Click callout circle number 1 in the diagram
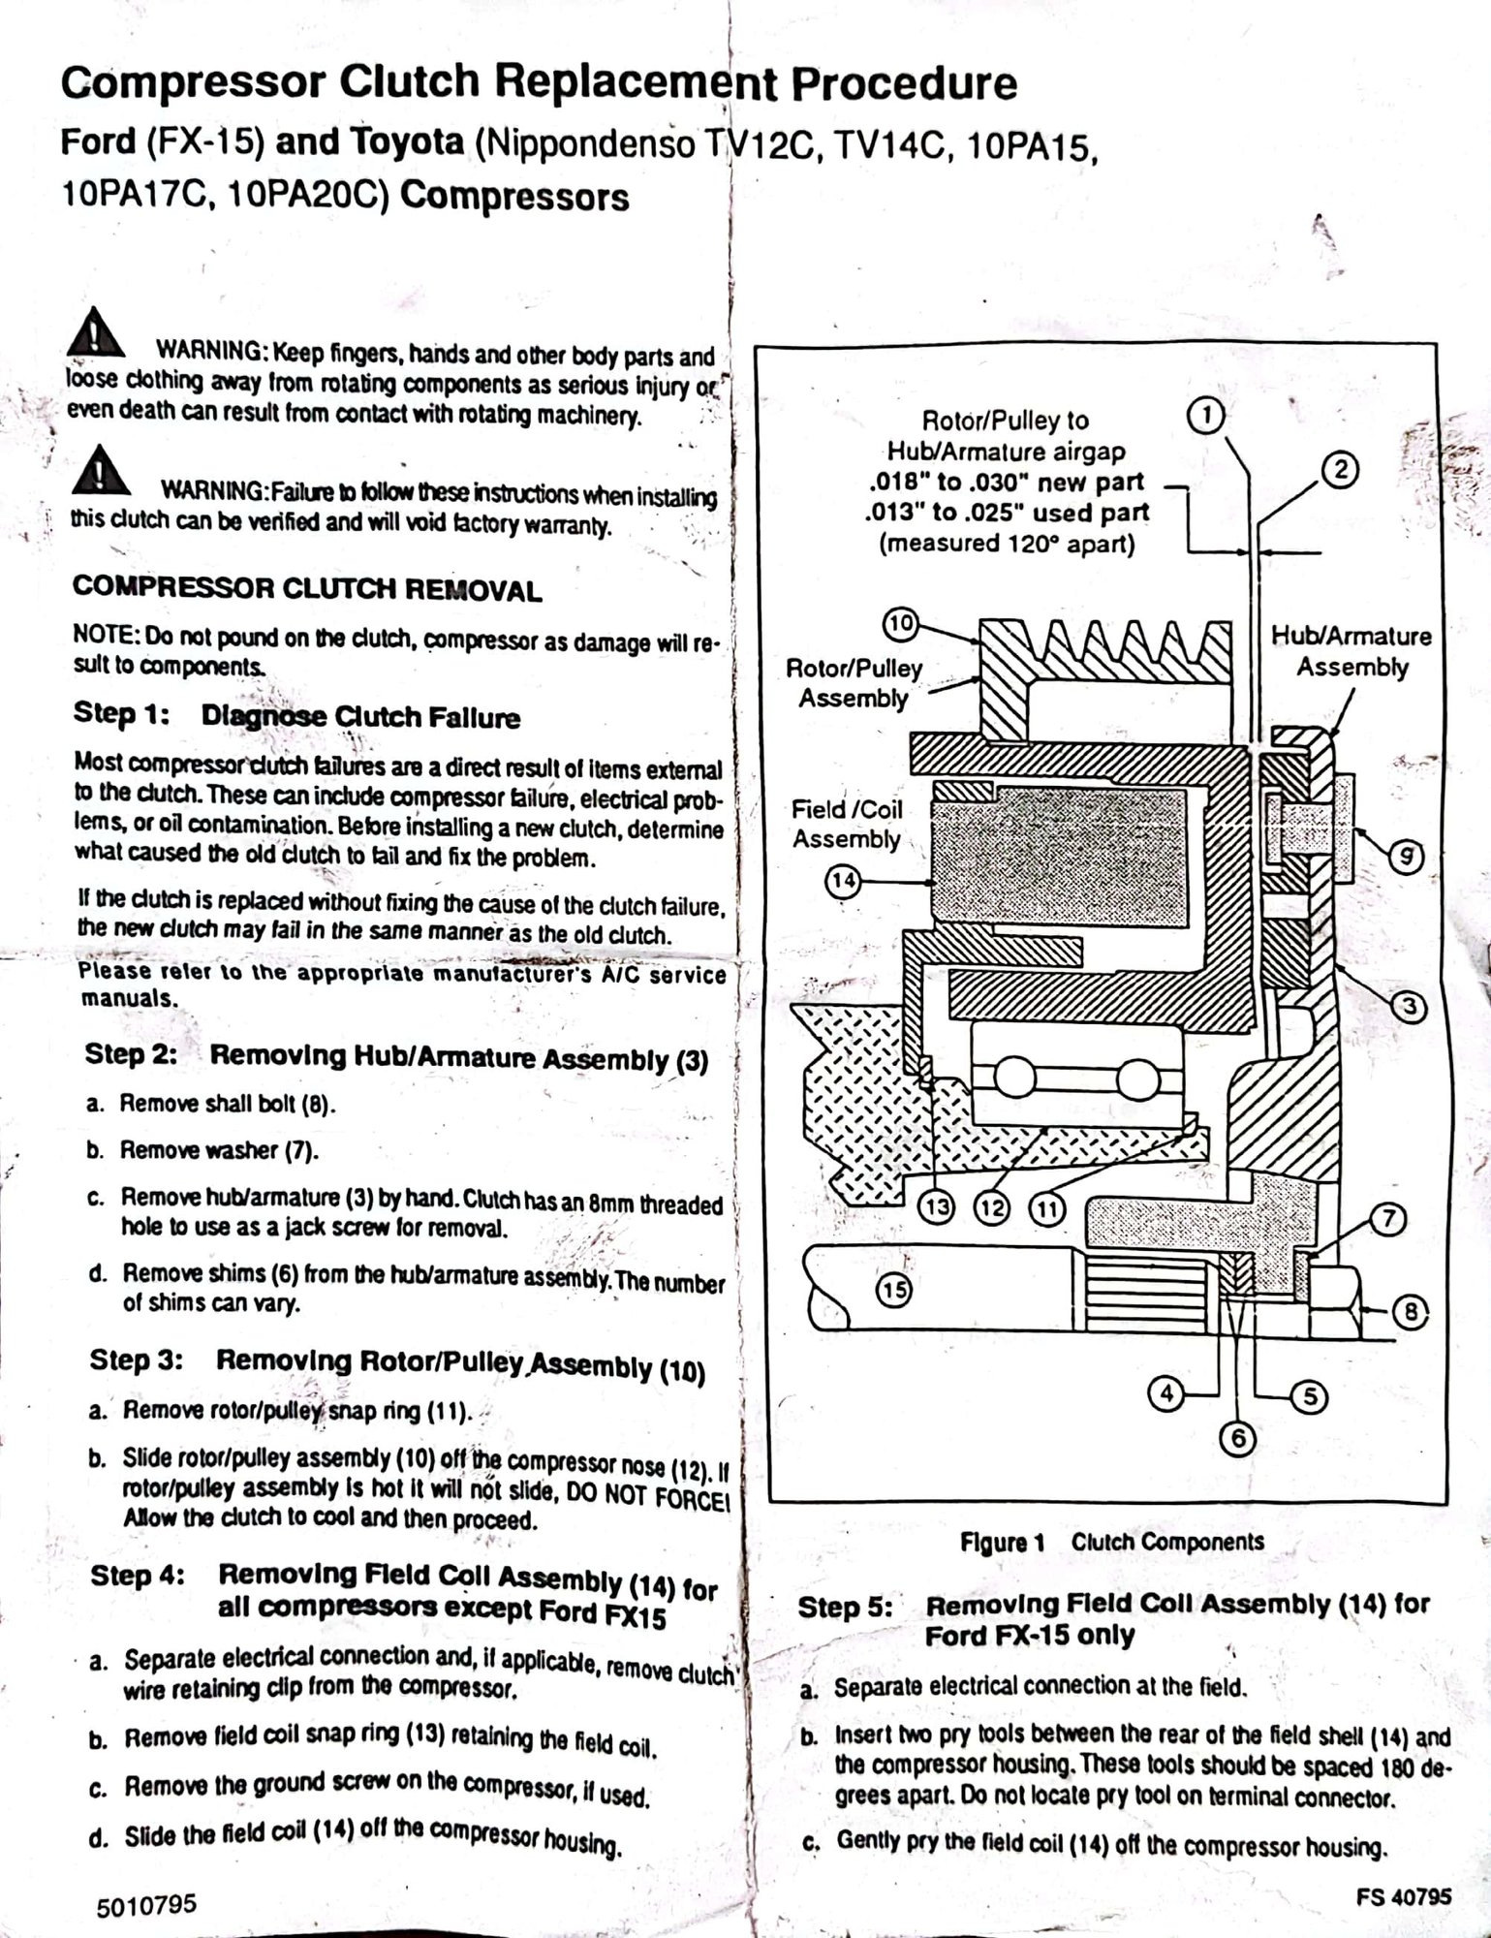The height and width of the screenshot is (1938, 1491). (x=1206, y=416)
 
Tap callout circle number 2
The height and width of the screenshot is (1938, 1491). (x=1341, y=471)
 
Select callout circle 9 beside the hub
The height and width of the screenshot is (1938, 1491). (x=1407, y=856)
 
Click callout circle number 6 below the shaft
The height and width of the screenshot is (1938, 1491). (x=1237, y=1438)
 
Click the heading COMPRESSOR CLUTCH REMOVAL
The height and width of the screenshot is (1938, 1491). (x=307, y=589)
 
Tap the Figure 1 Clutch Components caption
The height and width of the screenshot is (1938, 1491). (x=1111, y=1542)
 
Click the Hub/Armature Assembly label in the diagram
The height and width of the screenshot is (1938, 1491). (x=1351, y=651)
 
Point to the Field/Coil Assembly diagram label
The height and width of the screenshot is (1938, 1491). (x=847, y=824)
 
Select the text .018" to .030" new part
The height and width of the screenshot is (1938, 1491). (x=1005, y=482)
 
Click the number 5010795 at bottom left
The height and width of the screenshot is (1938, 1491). (x=147, y=1905)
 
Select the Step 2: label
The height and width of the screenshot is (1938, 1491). (x=131, y=1053)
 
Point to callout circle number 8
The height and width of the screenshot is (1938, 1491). (x=1411, y=1313)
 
